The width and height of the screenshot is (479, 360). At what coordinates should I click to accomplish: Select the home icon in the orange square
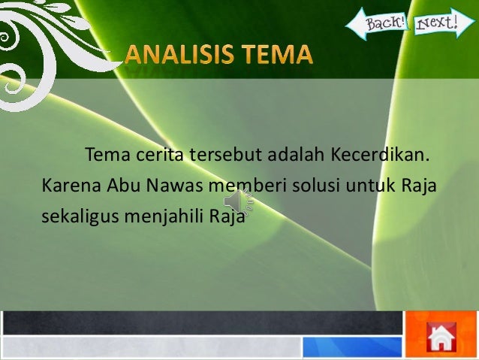442,336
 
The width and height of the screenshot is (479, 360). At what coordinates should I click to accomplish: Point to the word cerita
158,156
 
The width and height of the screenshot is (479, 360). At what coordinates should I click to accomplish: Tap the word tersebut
220,156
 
